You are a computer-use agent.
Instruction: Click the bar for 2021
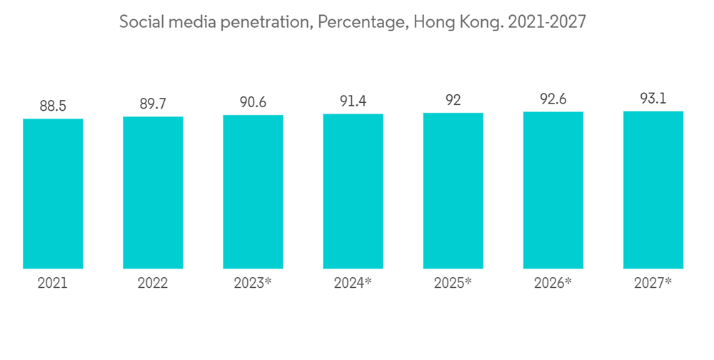[x=53, y=194]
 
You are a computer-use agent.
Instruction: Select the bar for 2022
[x=153, y=193]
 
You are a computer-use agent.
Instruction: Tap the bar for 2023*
[x=253, y=192]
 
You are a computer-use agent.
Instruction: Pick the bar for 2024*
[x=353, y=191]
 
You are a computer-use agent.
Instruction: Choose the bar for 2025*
[x=453, y=191]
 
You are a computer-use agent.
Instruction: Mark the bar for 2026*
[x=553, y=190]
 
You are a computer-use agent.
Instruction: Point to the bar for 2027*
[x=653, y=190]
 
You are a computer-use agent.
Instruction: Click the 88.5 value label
[x=53, y=106]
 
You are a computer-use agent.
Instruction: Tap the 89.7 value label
[x=153, y=104]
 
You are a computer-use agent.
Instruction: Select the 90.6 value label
[x=253, y=102]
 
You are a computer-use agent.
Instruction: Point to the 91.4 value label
[x=353, y=101]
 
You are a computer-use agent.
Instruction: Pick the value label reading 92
[x=453, y=100]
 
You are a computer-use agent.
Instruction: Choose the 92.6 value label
[x=553, y=99]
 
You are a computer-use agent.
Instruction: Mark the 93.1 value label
[x=653, y=99]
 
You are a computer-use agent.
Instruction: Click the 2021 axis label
[x=53, y=283]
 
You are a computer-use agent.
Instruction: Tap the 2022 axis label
[x=153, y=283]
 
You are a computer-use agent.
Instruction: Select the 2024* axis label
[x=353, y=283]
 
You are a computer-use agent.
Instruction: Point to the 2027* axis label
[x=653, y=283]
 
